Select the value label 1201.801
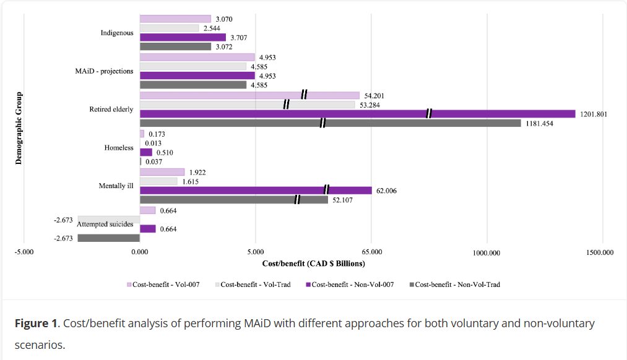[x=592, y=114]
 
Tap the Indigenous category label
[x=117, y=33]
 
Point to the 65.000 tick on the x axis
[x=371, y=252]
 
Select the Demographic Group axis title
[x=19, y=128]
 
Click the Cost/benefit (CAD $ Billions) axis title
[x=313, y=264]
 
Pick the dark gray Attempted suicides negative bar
[x=109, y=238]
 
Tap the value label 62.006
[x=386, y=191]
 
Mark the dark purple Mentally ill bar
[x=256, y=191]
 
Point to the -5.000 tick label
[x=24, y=252]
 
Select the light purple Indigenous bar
[x=175, y=19]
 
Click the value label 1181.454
[x=539, y=124]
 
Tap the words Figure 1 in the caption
[x=35, y=324]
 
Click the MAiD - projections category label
[x=104, y=71]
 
